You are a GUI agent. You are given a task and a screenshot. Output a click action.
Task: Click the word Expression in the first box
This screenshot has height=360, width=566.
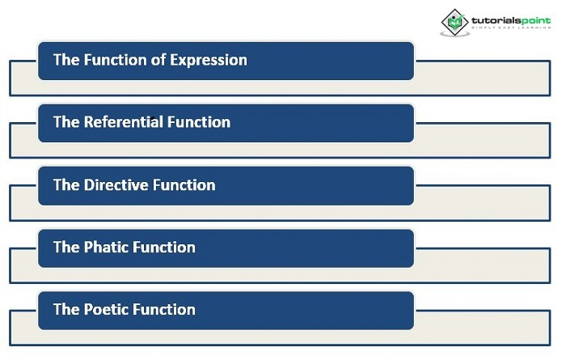[209, 61]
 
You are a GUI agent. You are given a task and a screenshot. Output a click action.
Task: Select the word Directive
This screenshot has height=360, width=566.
[116, 185]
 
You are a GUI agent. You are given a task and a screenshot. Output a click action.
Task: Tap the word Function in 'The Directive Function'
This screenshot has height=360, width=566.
[184, 185]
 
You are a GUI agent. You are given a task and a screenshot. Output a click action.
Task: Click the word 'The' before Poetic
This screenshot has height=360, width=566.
[66, 310]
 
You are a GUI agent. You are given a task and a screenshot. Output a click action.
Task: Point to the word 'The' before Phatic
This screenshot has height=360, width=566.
[66, 248]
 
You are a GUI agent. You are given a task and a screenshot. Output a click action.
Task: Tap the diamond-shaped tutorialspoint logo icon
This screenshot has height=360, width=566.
[454, 23]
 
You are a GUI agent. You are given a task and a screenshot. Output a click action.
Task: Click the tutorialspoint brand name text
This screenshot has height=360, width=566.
[511, 20]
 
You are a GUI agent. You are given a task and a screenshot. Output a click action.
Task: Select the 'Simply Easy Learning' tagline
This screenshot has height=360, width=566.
[511, 28]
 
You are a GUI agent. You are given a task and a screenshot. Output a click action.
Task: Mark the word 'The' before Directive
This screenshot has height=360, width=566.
[66, 185]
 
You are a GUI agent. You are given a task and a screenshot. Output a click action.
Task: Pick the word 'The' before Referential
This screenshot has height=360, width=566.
[66, 122]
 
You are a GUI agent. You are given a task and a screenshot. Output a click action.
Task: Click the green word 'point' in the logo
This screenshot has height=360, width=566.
[535, 21]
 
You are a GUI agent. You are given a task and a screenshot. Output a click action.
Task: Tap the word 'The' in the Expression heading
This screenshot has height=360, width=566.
[66, 60]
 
